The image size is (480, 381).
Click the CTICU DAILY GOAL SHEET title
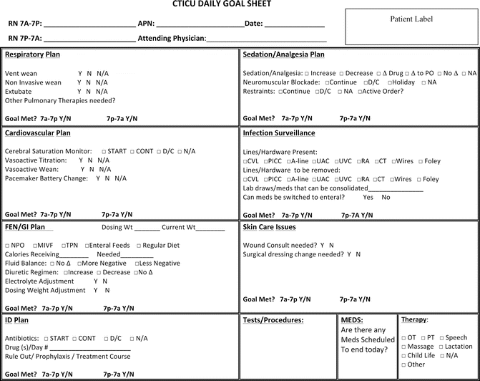[x=222, y=4]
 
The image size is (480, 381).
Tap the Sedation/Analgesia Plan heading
[x=283, y=54]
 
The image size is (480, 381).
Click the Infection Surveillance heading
[x=279, y=133]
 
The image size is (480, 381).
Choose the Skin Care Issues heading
[x=269, y=227]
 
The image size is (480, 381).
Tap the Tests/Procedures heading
[x=273, y=320]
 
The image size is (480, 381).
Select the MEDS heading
[x=352, y=320]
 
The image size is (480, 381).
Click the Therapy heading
[x=414, y=319]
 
